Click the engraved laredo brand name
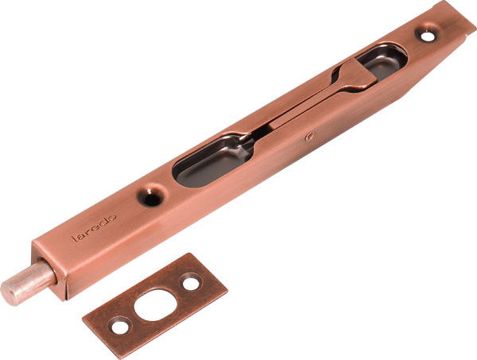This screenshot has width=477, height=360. pos(94,228)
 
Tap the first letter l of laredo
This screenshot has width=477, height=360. pos(73,238)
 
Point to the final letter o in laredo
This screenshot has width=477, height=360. pos(112,218)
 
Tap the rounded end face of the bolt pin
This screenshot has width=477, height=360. pos(9,293)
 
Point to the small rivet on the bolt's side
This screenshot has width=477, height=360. pos(309,137)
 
